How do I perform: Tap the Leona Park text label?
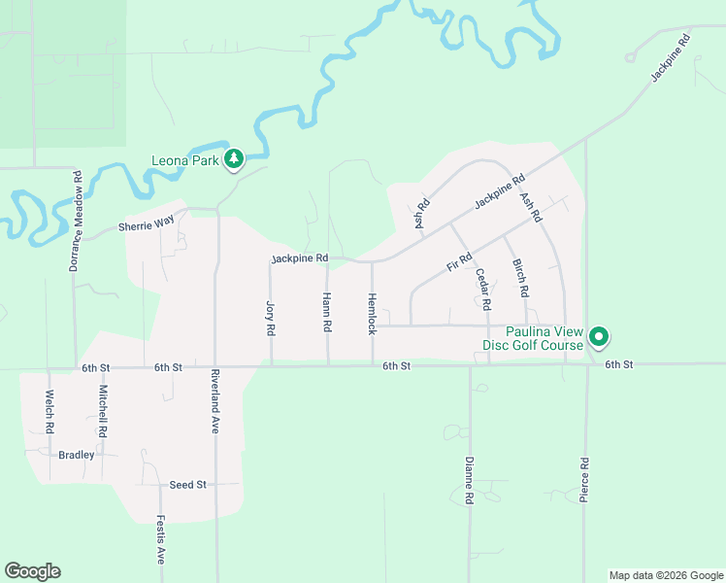(x=185, y=160)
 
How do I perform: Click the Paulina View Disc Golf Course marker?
(x=600, y=337)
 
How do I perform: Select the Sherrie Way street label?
(x=146, y=225)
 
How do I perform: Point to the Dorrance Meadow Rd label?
(x=75, y=221)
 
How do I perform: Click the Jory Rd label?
(x=271, y=318)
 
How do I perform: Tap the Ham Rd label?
(x=327, y=314)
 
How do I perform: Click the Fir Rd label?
(x=458, y=261)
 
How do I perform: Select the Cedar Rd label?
(x=482, y=289)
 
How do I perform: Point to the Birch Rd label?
(x=521, y=278)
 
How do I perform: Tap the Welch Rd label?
(x=48, y=411)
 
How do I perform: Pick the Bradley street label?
(x=77, y=455)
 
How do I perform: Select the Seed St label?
(x=188, y=484)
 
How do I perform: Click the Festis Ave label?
(x=161, y=541)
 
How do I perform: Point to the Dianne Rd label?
(x=469, y=480)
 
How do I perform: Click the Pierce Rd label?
(x=584, y=479)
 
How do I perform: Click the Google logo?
(x=32, y=571)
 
